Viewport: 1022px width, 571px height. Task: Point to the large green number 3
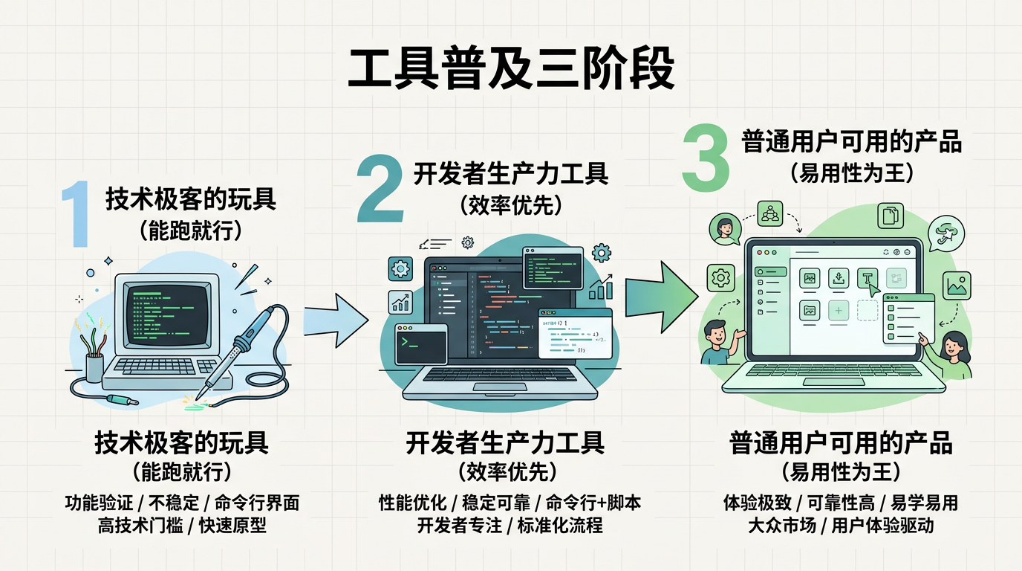pos(706,158)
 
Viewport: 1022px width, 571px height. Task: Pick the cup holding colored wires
pos(94,366)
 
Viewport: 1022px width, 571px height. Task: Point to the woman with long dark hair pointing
pos(952,352)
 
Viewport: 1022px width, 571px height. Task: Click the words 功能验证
pos(93,503)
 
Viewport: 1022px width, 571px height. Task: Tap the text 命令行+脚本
pos(593,503)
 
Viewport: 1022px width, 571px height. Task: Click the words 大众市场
pos(779,526)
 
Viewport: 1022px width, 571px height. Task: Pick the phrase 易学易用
pos(928,503)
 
